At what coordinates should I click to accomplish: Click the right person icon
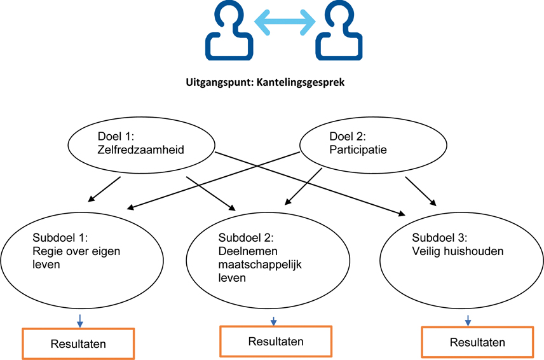[x=340, y=32]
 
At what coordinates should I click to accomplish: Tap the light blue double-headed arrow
[x=284, y=22]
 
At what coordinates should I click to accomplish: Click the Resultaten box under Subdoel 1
[x=79, y=343]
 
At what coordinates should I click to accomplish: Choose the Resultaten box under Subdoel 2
[x=276, y=342]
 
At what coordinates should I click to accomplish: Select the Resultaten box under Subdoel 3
[x=477, y=343]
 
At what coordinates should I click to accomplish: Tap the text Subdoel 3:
[x=440, y=238]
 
